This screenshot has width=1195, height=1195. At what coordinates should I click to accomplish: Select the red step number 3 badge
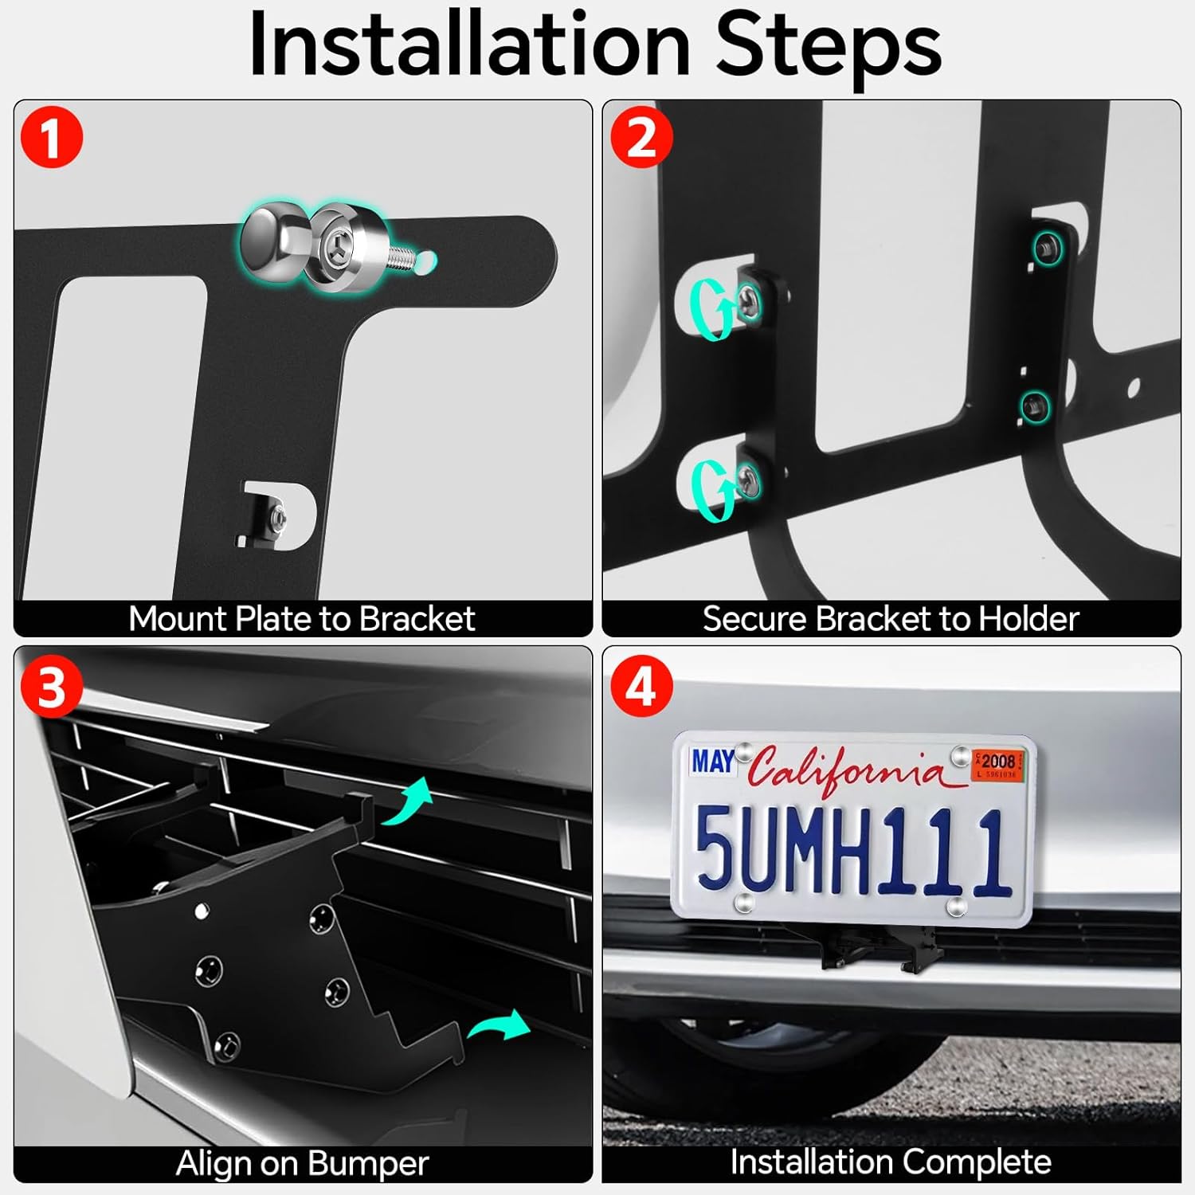coord(51,686)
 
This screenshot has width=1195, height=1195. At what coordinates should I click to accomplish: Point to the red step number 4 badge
coord(641,686)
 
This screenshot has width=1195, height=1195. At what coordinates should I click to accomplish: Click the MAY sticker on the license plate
coord(712,762)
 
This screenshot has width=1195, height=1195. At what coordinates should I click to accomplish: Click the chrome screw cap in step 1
coord(271,241)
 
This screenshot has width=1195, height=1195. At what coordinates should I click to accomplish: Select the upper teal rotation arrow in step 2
coord(711,310)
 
